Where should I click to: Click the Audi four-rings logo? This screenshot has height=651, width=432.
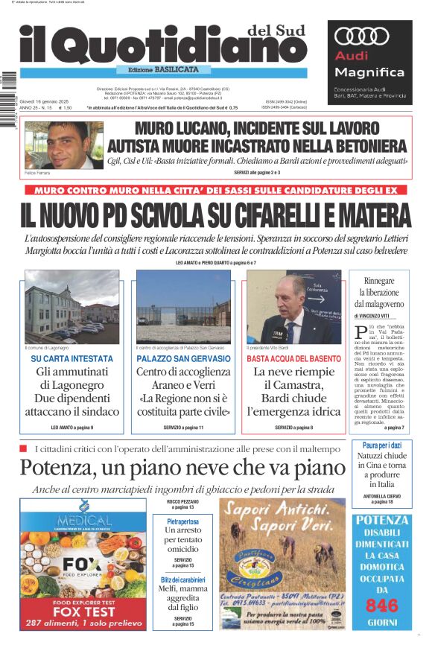[363, 36]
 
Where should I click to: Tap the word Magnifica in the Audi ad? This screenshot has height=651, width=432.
[358, 72]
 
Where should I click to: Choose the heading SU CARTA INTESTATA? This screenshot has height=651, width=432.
[72, 359]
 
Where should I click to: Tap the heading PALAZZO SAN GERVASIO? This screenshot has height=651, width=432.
[183, 359]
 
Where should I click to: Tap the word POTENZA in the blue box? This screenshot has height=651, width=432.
[382, 521]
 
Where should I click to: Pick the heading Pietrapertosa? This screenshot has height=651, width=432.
[182, 522]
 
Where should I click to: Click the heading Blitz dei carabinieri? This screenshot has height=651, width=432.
[182, 579]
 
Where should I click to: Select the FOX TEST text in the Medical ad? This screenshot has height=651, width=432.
[83, 612]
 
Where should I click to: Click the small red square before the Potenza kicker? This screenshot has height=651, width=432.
[23, 448]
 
